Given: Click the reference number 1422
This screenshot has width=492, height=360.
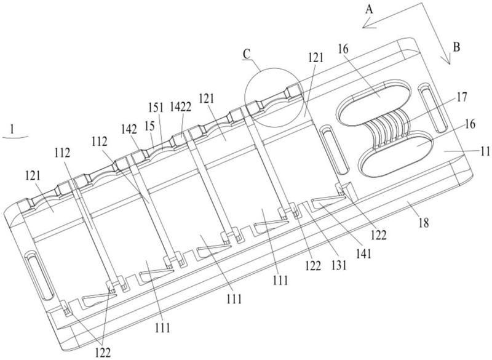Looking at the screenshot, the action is (180, 108).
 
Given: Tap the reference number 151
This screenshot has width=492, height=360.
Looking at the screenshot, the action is (156, 108).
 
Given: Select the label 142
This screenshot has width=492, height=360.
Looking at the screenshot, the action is (130, 129).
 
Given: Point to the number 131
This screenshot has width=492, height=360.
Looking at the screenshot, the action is (339, 265).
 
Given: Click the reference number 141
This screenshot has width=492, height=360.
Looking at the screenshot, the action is (364, 254).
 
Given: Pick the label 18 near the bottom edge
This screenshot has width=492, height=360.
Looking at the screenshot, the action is (424, 223).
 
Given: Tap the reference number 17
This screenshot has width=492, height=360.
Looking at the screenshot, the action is (461, 97).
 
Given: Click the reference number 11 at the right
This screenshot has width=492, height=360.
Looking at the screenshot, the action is (485, 152).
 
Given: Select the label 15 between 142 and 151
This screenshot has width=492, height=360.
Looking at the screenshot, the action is (150, 126).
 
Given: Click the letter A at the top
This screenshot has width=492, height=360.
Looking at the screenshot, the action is (370, 10).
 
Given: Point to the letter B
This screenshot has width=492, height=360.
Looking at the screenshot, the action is (456, 47).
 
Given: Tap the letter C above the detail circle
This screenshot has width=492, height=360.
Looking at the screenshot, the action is (247, 54).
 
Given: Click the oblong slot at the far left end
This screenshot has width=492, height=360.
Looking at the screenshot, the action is (40, 276).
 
